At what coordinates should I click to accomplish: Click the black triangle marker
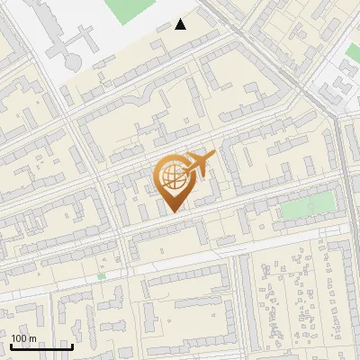coord(181,24)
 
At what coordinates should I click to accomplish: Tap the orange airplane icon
coord(199,163)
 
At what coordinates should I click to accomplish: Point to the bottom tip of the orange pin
coord(173,212)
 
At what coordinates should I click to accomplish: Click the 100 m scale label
coord(23,338)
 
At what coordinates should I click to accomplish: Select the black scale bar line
coord(41,346)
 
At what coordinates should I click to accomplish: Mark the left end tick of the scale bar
coord(11,345)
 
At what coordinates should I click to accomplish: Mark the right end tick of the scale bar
coord(72,345)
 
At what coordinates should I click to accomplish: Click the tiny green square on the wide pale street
coord(102,275)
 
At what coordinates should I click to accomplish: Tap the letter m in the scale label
coord(32,338)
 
